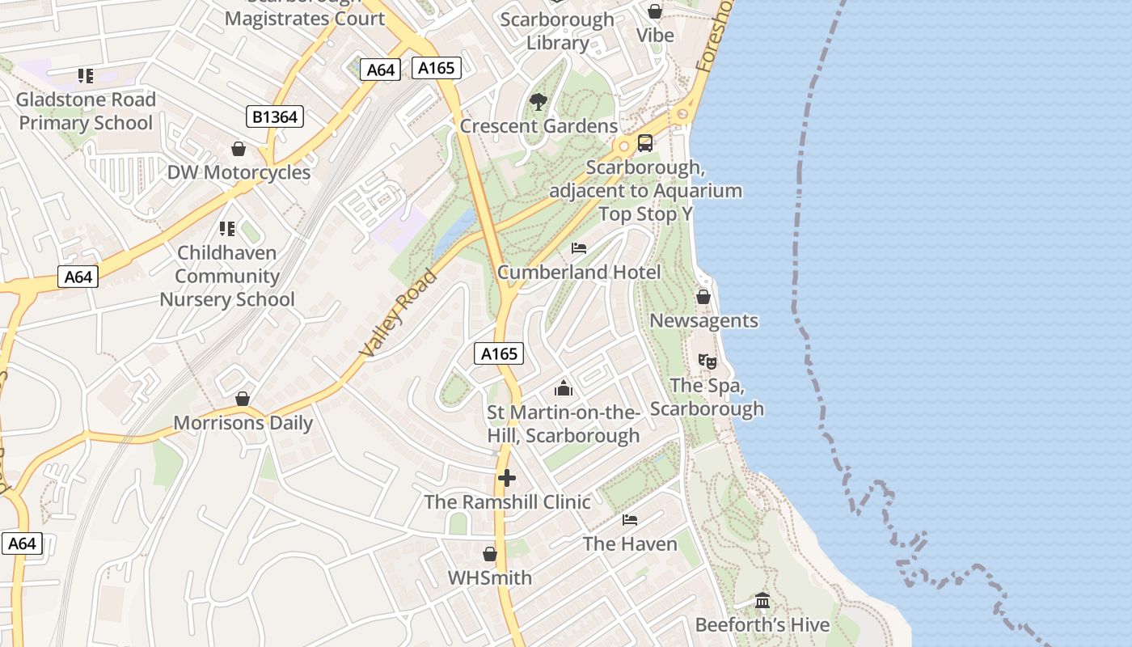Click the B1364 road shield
(x=275, y=117)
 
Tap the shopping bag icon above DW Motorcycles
(x=239, y=149)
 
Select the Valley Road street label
(x=399, y=313)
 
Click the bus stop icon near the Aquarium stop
(x=644, y=143)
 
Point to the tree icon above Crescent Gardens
(x=538, y=102)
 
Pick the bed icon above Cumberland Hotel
(x=579, y=247)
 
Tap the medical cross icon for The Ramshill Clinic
(x=507, y=478)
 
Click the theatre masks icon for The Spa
(x=707, y=361)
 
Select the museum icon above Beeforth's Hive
(x=762, y=601)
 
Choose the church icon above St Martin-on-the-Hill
(x=564, y=389)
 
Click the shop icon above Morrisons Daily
(x=243, y=399)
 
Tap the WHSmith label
(x=490, y=577)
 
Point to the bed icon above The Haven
(x=630, y=519)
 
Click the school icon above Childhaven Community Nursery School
(x=227, y=229)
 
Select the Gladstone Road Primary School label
(x=86, y=112)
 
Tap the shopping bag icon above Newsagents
(x=703, y=297)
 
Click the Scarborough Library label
(x=557, y=31)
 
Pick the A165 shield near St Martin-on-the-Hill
(x=499, y=353)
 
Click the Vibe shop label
(x=655, y=36)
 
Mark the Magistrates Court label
(x=305, y=18)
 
